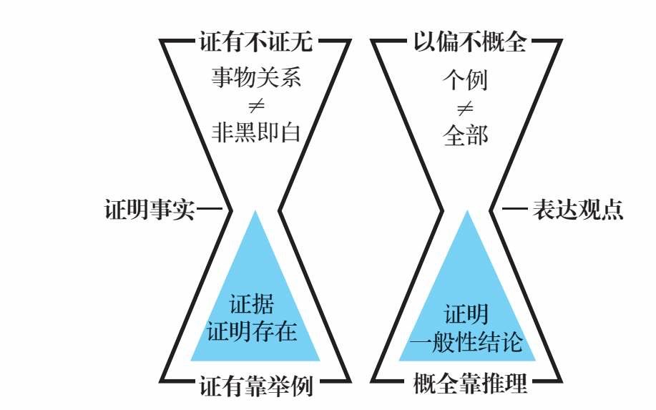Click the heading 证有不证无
click(x=255, y=42)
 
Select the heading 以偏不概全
click(x=470, y=42)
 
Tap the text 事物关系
click(x=255, y=77)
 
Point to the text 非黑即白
click(x=255, y=132)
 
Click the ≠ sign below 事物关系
click(x=256, y=105)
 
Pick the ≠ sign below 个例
click(x=465, y=109)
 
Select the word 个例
click(x=465, y=80)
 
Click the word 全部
click(x=465, y=135)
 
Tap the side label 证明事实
click(x=150, y=209)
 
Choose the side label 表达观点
click(x=577, y=209)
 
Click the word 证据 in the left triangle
click(x=252, y=303)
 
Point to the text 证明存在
click(x=252, y=331)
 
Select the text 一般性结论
click(x=466, y=341)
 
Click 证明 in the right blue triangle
click(x=466, y=314)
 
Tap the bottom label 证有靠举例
click(x=255, y=386)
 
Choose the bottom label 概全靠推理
click(x=470, y=383)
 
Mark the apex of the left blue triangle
click(x=255, y=211)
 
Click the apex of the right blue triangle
click(x=467, y=211)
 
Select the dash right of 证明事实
click(x=210, y=208)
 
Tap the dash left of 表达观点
click(x=515, y=208)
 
